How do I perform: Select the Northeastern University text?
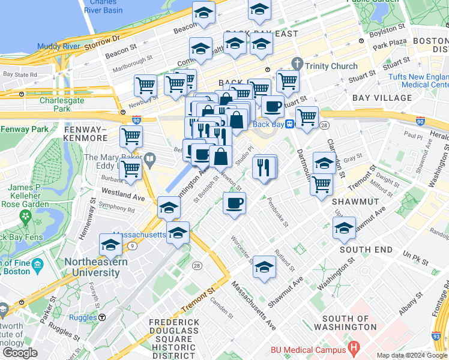(x=92, y=267)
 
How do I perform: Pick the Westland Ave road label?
(x=123, y=196)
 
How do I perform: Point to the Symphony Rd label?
(x=116, y=208)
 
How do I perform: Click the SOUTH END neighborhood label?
(x=366, y=250)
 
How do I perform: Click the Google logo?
(x=20, y=353)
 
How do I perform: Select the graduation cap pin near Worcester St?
(x=264, y=266)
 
